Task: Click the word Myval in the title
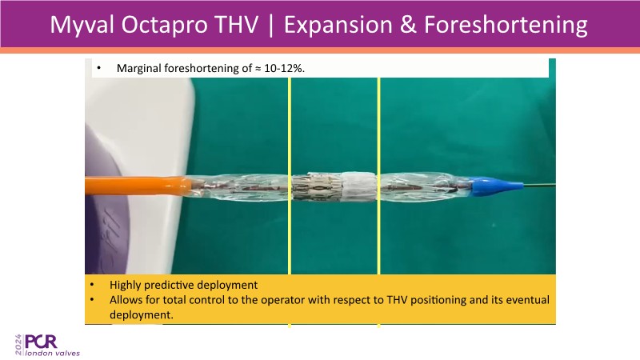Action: pyautogui.click(x=82, y=25)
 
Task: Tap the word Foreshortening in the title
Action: pyautogui.click(x=506, y=25)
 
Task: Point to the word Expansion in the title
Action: pyautogui.click(x=338, y=25)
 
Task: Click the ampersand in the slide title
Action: pyautogui.click(x=408, y=25)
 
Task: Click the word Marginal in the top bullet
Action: pyautogui.click(x=138, y=68)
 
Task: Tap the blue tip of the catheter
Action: pyautogui.click(x=496, y=186)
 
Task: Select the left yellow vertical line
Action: pyautogui.click(x=290, y=202)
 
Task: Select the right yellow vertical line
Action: pyautogui.click(x=378, y=202)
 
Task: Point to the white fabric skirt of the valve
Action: pyautogui.click(x=358, y=186)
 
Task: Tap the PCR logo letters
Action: pyautogui.click(x=41, y=342)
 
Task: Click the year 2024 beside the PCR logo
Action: pyautogui.click(x=18, y=345)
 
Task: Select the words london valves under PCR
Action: pyautogui.click(x=52, y=353)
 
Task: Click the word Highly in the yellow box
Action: pyautogui.click(x=126, y=285)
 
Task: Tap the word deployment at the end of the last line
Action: pyautogui.click(x=142, y=314)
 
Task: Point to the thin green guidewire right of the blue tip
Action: pyautogui.click(x=539, y=186)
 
